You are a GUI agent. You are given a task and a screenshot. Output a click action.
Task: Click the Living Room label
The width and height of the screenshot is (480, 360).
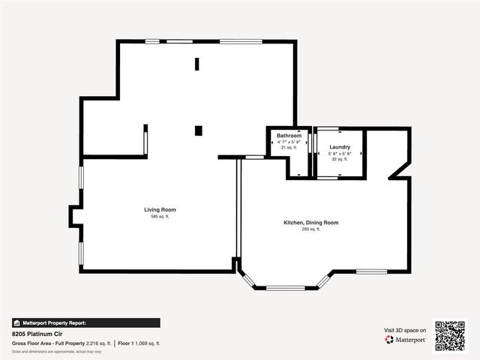(x=160, y=209)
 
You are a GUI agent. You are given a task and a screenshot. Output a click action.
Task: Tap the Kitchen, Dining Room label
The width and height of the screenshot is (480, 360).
(x=310, y=223)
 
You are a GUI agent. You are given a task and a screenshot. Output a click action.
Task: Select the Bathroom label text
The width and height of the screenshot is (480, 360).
(x=289, y=136)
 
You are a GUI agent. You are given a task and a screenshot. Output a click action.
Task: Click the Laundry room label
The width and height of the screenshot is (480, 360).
(x=339, y=147)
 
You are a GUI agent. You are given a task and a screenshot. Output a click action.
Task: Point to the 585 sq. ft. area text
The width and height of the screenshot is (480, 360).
(x=160, y=217)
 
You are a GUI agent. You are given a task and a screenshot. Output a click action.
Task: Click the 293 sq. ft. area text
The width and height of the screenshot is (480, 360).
(x=310, y=229)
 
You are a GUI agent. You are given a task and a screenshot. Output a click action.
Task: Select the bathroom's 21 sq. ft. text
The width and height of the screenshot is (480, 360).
(x=289, y=148)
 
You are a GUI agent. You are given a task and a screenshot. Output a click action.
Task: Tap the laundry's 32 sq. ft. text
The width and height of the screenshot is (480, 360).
(x=339, y=159)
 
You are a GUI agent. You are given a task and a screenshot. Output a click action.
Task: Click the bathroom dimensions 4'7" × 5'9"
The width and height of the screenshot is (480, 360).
(x=289, y=142)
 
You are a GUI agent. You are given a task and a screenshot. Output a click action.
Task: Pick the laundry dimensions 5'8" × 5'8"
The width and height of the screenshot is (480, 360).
(x=339, y=154)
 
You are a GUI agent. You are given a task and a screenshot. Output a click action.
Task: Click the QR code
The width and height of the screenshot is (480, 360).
(x=450, y=336)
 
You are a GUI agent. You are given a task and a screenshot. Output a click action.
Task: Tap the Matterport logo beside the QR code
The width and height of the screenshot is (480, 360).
(x=406, y=340)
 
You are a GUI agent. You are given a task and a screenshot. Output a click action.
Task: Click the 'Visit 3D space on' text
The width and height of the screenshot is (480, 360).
(x=406, y=330)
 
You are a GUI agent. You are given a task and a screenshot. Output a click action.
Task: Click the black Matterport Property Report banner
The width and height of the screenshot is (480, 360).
(x=85, y=322)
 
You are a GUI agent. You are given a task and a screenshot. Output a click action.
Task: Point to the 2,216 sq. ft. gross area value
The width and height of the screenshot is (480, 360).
(x=99, y=343)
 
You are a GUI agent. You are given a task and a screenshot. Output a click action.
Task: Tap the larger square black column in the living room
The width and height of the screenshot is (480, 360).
(x=198, y=130)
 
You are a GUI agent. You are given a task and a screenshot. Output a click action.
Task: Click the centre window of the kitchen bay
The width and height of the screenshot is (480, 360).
(x=285, y=288)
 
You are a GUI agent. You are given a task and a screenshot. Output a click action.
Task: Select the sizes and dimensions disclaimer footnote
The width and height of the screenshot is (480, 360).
(x=57, y=351)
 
